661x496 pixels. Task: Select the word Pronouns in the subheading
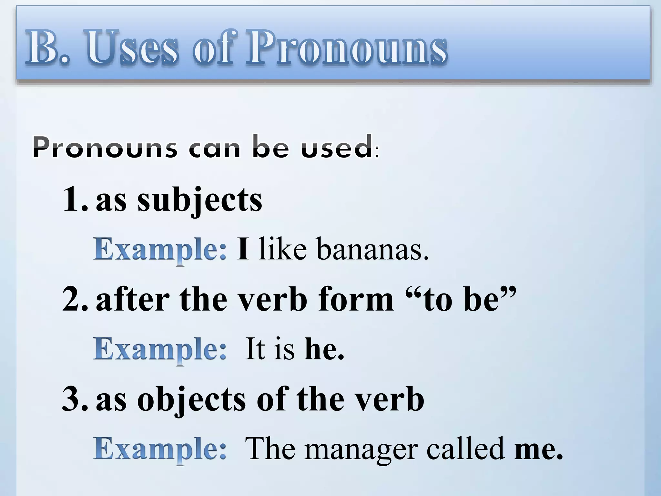[x=105, y=148]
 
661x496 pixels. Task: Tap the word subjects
[x=200, y=200]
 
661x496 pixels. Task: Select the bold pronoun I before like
[x=243, y=249]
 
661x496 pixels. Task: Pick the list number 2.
[x=75, y=300]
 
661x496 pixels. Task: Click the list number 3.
[x=75, y=400]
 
